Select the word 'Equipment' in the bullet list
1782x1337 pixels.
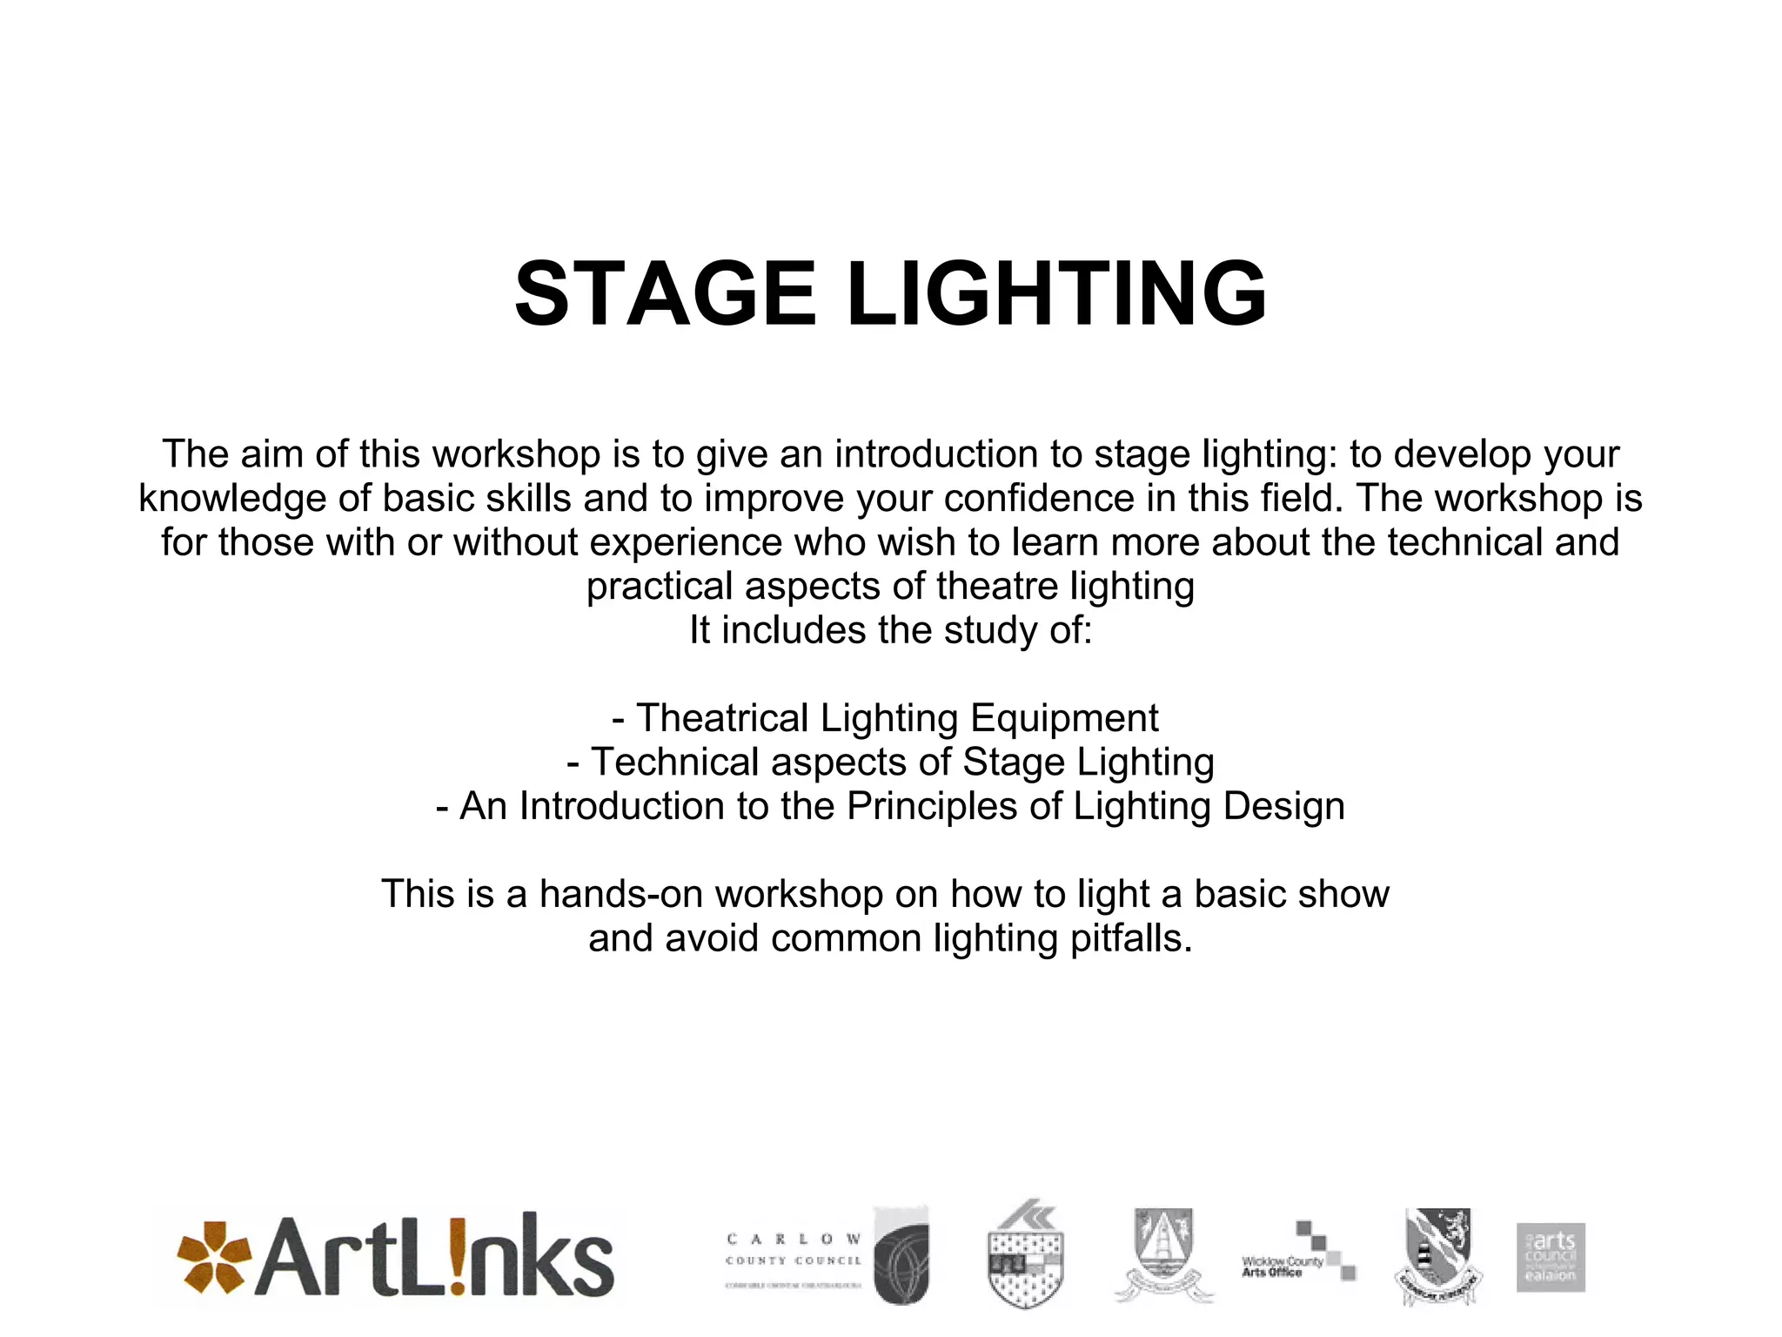pyautogui.click(x=1064, y=718)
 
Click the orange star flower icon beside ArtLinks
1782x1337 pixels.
pyautogui.click(x=213, y=1257)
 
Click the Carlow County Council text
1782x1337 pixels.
pyautogui.click(x=794, y=1250)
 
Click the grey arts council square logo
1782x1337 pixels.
pyautogui.click(x=1551, y=1257)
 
